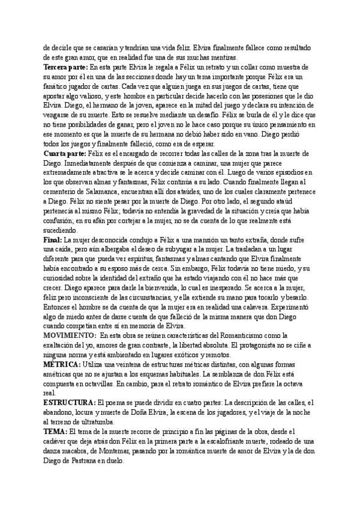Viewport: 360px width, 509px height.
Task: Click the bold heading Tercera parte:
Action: click(x=65, y=66)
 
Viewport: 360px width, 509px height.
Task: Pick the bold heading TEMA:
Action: click(x=56, y=431)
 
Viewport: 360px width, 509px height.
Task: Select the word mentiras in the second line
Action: click(x=221, y=57)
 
